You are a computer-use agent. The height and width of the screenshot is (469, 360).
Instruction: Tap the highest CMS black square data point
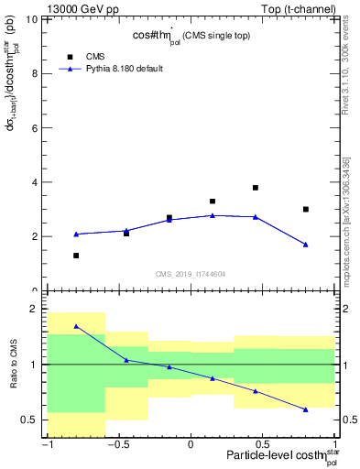[x=256, y=188]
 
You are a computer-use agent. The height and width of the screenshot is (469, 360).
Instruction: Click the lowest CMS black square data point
[x=76, y=256]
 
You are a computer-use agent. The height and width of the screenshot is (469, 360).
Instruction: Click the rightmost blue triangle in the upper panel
[x=306, y=245]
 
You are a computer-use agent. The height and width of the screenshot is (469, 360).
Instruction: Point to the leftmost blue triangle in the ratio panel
[x=76, y=326]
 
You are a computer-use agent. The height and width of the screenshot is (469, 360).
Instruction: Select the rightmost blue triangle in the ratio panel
[x=306, y=409]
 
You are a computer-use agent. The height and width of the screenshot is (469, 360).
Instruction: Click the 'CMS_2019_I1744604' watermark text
[x=191, y=274]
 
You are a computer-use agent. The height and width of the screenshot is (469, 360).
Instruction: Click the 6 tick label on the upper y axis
[x=38, y=128]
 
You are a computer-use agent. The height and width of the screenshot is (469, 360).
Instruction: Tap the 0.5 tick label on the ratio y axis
[x=32, y=420]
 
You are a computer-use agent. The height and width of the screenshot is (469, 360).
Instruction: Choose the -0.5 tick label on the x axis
[x=118, y=445]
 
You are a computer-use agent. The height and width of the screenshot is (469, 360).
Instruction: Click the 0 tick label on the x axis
[x=191, y=445]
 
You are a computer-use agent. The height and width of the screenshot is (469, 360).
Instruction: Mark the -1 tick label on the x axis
[x=47, y=445]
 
